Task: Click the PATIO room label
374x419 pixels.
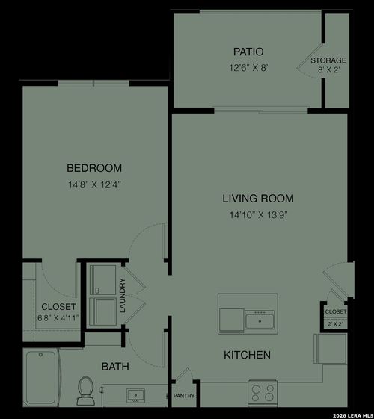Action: pos(248,52)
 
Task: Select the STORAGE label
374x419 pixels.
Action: pos(328,60)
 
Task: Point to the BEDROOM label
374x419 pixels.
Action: pos(94,168)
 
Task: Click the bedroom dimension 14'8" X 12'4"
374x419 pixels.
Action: pos(94,184)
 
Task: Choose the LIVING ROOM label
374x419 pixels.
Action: pos(257,199)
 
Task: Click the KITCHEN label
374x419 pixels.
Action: pos(247,355)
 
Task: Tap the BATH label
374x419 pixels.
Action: pos(115,367)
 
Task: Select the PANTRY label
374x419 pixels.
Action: pos(184,396)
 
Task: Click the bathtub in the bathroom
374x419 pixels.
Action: pos(42,377)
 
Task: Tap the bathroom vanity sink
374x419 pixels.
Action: pos(135,394)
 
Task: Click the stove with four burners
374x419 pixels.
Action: pos(263,391)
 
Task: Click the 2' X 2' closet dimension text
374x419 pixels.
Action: pos(335,324)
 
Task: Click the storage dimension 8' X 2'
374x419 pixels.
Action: pos(329,71)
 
